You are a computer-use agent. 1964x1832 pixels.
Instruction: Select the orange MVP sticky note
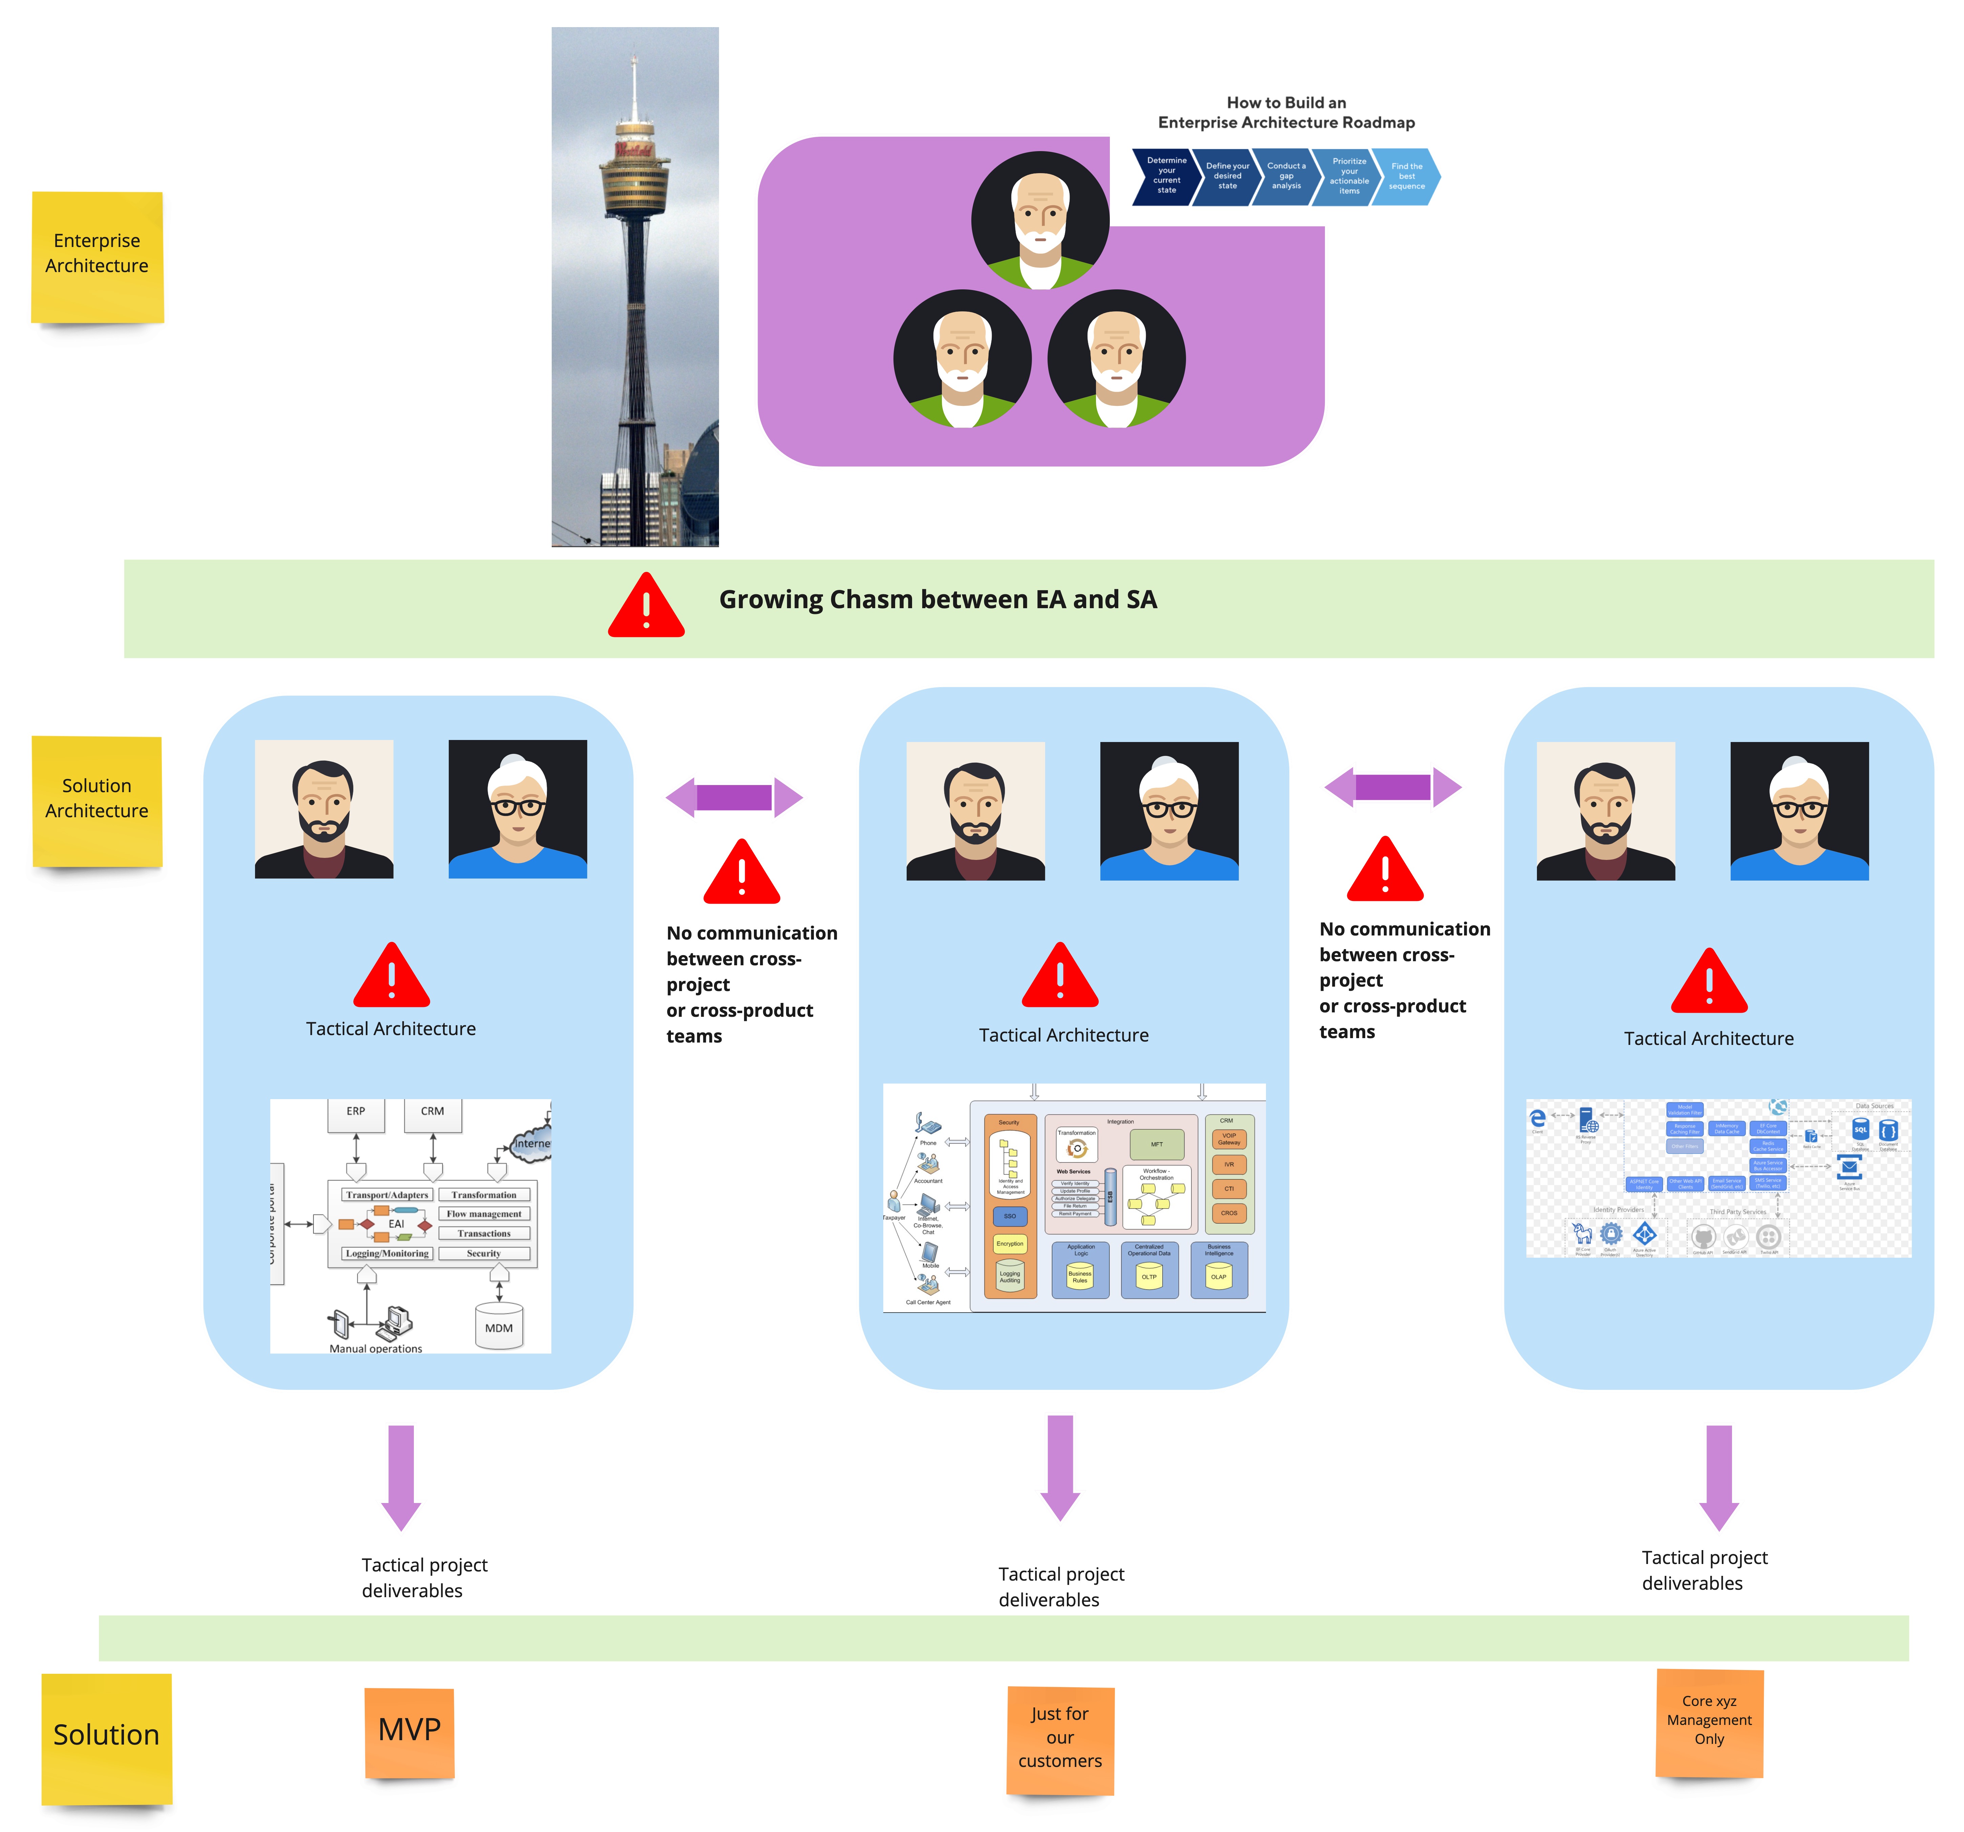coord(409,1731)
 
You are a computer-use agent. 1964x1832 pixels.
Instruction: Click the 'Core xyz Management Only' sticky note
coord(1709,1721)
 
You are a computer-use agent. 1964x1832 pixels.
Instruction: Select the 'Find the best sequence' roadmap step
coord(1407,176)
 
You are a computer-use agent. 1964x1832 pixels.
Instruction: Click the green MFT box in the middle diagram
coord(1157,1144)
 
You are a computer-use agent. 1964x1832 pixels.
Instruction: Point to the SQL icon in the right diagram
coord(1860,1129)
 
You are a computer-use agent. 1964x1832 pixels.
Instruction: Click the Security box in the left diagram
coord(484,1253)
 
